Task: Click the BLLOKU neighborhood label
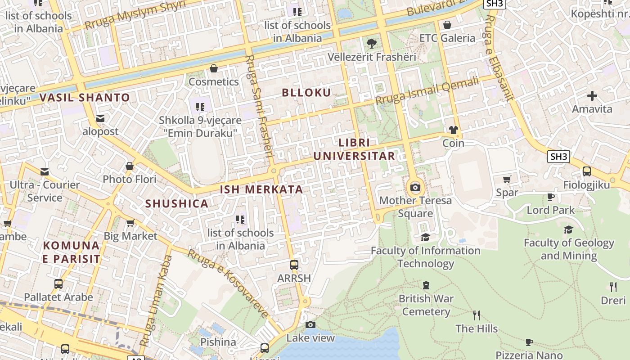(306, 93)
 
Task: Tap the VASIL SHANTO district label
(85, 98)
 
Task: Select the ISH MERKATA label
(261, 189)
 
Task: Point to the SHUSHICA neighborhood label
(176, 204)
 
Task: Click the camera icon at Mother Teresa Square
(415, 187)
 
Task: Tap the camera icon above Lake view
(310, 324)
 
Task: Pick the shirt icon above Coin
(453, 130)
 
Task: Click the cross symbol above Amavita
(592, 95)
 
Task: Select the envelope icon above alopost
(100, 118)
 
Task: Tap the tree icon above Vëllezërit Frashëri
(371, 44)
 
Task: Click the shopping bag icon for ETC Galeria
(447, 25)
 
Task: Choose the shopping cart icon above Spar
(507, 179)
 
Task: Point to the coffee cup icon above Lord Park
(550, 197)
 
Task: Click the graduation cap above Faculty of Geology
(568, 230)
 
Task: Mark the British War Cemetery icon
(426, 285)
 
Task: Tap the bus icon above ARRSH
(294, 265)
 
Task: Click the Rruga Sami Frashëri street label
(260, 106)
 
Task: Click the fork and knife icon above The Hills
(477, 315)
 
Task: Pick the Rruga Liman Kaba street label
(156, 301)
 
